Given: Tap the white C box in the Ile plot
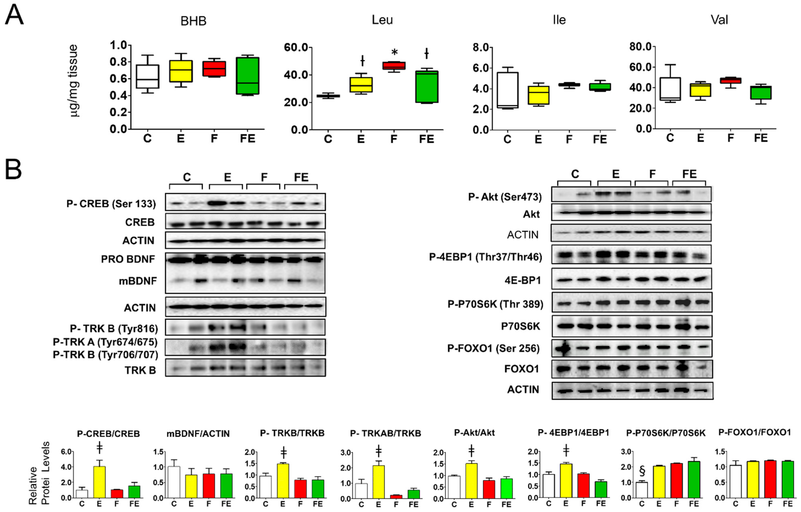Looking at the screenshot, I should [507, 90].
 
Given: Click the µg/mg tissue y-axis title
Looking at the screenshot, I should [74, 81].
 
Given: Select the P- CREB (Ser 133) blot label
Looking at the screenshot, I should [111, 203].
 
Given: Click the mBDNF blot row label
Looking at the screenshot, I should [138, 281].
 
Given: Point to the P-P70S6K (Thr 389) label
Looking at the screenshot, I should [495, 304].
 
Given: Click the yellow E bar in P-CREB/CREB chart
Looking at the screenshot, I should [99, 482].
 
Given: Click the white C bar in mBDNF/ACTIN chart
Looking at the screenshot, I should [174, 482].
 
